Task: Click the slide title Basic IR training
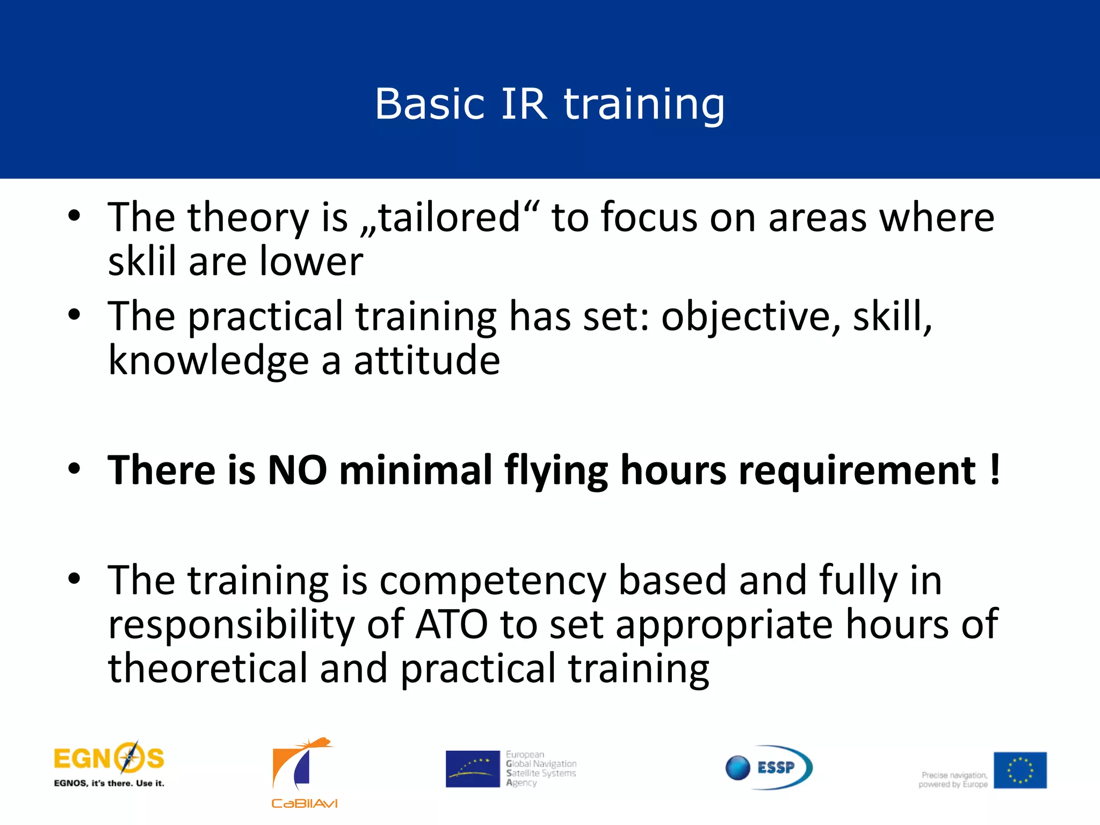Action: coord(549,104)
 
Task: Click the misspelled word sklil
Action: coord(142,262)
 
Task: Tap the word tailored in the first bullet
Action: coord(449,218)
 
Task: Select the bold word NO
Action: coord(297,470)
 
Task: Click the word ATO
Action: coord(452,624)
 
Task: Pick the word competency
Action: coord(493,581)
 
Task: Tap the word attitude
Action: coord(427,360)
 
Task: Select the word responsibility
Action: coord(231,624)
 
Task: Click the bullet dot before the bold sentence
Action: coord(74,468)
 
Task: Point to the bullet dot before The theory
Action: coord(74,216)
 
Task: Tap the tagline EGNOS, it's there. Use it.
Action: coord(109,783)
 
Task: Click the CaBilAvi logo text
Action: coord(304,804)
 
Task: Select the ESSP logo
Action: coord(769,767)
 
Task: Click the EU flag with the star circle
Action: coord(1019,770)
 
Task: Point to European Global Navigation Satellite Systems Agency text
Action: coord(540,769)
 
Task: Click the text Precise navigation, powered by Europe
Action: coord(953,779)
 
